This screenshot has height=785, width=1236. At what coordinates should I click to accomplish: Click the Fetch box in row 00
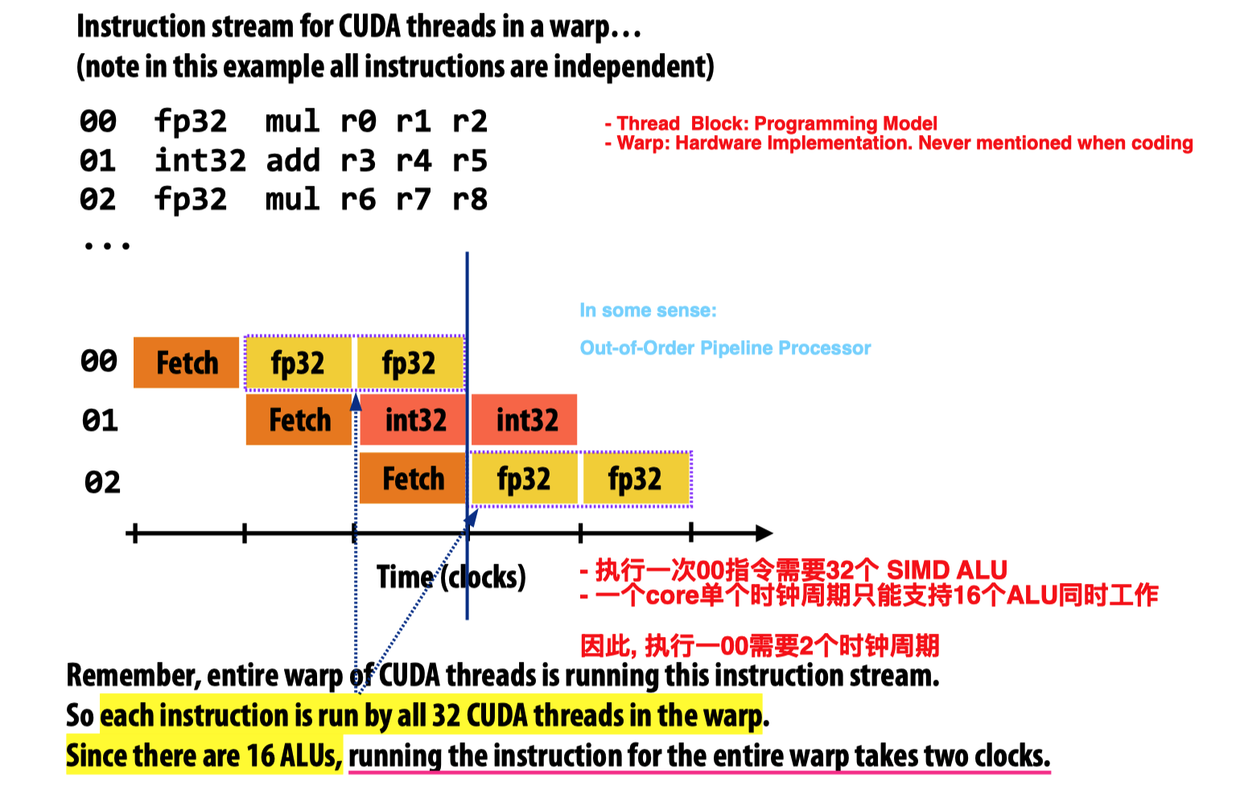click(186, 363)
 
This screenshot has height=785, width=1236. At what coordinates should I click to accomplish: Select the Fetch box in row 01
click(299, 420)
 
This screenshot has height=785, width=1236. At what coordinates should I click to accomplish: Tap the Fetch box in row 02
click(412, 479)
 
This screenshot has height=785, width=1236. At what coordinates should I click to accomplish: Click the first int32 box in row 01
click(414, 420)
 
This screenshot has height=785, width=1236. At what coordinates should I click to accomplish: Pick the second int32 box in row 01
click(525, 420)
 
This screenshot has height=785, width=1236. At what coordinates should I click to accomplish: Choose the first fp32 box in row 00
click(298, 363)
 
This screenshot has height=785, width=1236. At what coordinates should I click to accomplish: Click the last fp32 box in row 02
click(635, 479)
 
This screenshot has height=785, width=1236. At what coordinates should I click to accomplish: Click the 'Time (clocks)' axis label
click(451, 577)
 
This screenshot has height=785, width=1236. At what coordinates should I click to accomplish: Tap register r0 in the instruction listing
click(357, 121)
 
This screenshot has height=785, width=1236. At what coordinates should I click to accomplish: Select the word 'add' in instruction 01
click(293, 161)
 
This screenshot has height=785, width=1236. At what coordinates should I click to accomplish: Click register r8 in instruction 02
click(470, 199)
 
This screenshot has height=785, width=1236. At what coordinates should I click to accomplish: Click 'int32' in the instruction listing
click(200, 161)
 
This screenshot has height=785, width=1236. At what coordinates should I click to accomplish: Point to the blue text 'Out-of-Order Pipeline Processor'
click(725, 348)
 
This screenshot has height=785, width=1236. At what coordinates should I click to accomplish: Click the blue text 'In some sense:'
click(648, 310)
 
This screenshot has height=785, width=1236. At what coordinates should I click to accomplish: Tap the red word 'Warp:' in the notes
click(643, 143)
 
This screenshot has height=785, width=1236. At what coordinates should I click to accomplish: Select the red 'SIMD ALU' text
click(946, 570)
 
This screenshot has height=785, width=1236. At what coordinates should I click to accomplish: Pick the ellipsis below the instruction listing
click(106, 245)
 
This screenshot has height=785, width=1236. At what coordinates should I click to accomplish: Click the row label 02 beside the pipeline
click(102, 482)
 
